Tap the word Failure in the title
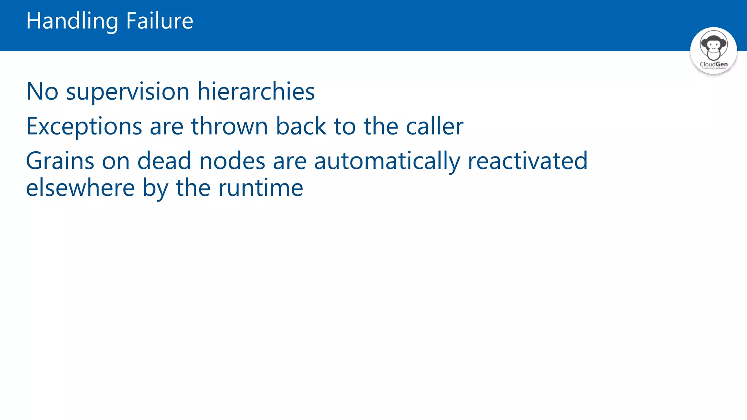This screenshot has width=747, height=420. pos(159,21)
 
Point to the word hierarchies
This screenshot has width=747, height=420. pos(256,92)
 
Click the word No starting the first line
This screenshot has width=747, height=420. pos(42,92)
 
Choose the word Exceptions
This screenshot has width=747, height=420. pos(84,127)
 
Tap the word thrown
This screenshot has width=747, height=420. pos(230,127)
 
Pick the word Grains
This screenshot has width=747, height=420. pos(60,161)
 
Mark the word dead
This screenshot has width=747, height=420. pos(164,161)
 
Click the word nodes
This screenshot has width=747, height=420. pos(232,161)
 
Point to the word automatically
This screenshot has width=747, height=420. pos(387,161)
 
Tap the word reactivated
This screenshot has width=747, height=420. pos(527,161)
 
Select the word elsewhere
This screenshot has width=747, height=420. pos(80,188)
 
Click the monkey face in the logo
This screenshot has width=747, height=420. pos(713,46)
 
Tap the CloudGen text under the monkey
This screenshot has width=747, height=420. pos(713,64)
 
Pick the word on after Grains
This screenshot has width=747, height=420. pos(116,161)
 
